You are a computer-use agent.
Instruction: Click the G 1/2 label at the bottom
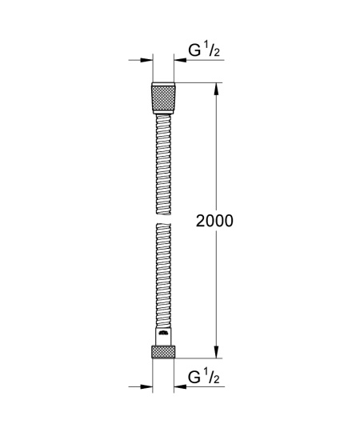203,377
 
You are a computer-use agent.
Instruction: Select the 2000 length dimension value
214,222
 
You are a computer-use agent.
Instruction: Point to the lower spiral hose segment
163,272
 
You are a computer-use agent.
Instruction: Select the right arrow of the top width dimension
181,61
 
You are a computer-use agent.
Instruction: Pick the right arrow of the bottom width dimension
181,386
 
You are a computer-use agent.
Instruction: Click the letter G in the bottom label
193,377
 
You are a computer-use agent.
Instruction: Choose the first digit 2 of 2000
201,222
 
